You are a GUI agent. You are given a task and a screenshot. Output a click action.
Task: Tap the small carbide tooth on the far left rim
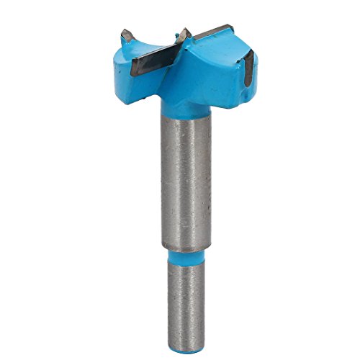127,35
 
